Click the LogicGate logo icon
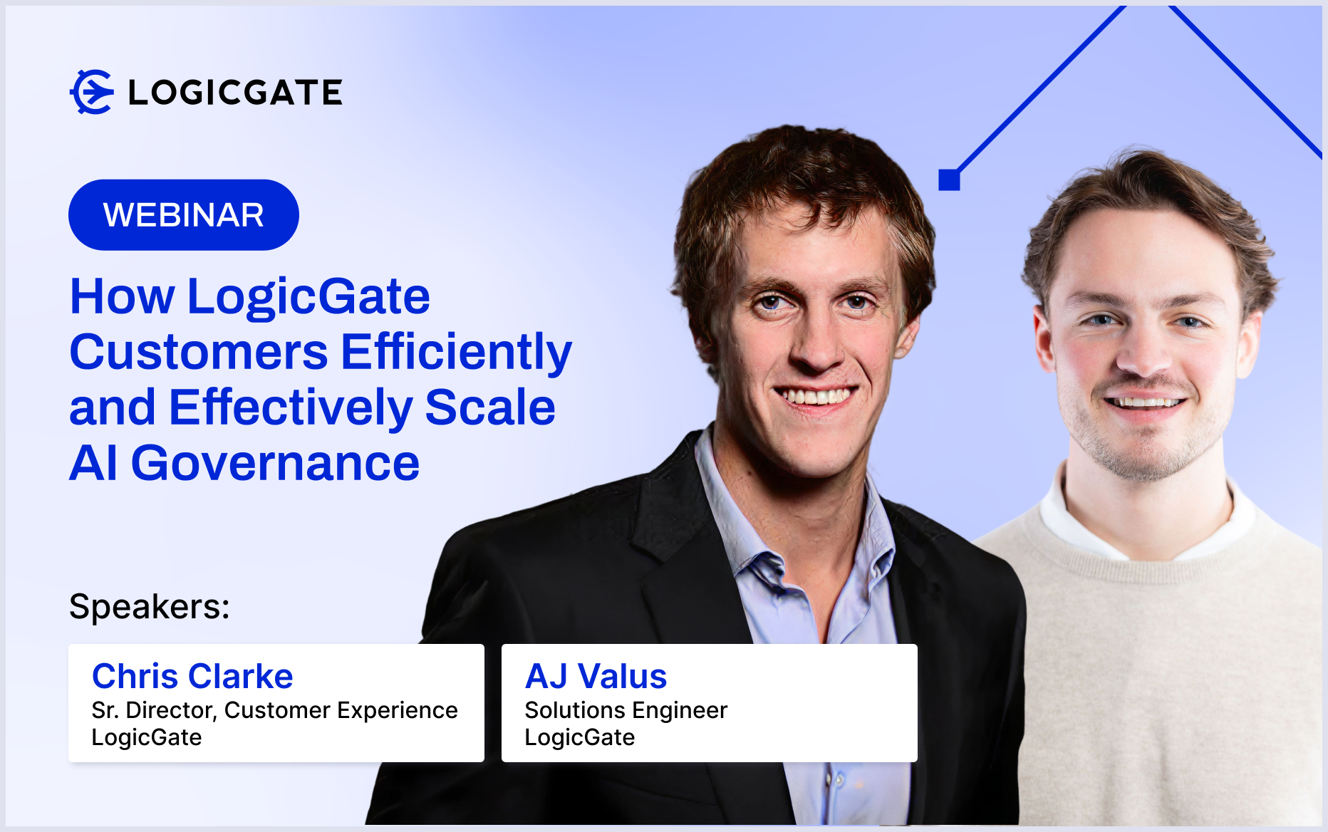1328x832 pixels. coord(92,92)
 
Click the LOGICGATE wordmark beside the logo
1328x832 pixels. coord(235,93)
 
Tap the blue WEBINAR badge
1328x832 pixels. coord(184,214)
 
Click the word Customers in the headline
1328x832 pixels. coord(199,352)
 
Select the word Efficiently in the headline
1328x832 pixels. coord(457,352)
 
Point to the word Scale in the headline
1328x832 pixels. coord(490,407)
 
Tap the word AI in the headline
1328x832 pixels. coord(93,463)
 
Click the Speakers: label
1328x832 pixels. coord(150,607)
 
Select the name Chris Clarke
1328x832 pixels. coord(192,676)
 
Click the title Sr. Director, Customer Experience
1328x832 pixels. coord(274,711)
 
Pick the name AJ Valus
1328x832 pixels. coord(596,676)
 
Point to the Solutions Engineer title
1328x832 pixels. coord(626,711)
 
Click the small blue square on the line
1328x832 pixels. coord(949,180)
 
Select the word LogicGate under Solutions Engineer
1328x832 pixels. coord(579,737)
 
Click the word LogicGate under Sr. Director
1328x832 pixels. coord(147,737)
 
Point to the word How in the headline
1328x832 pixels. coord(122,296)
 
